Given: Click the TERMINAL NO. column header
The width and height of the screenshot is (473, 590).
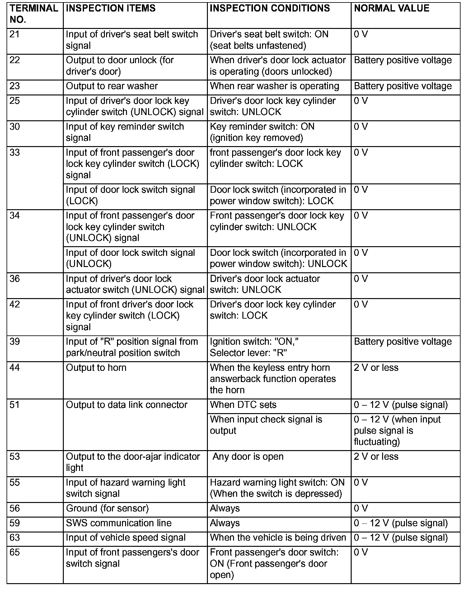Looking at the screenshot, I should [x=34, y=14].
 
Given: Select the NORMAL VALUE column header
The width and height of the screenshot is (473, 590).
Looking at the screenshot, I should [x=391, y=8].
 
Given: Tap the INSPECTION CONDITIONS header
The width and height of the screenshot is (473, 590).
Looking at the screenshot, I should [x=270, y=8].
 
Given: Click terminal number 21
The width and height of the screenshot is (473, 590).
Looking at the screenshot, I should [x=15, y=34].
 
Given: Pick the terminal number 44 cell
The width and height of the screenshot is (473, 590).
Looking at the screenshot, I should [x=15, y=368].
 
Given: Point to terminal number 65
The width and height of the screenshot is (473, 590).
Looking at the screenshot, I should [x=15, y=552].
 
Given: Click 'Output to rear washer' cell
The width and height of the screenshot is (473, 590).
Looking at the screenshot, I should [x=112, y=86].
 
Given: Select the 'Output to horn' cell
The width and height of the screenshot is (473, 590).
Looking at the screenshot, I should [x=96, y=368].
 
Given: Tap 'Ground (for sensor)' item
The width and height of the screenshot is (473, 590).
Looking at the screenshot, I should [x=107, y=509].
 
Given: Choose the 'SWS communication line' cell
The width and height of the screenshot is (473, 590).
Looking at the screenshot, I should [x=119, y=523].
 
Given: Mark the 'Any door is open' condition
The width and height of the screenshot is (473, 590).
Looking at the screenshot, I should [x=248, y=457].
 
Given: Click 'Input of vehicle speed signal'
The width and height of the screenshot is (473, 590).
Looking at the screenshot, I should [x=126, y=538].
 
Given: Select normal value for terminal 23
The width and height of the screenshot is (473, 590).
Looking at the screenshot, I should [x=403, y=86].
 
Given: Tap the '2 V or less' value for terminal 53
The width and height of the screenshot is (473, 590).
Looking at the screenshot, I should [x=376, y=457].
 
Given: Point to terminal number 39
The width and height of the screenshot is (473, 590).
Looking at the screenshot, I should [x=15, y=342].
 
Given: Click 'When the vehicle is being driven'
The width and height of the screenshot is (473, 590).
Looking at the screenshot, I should [x=278, y=538].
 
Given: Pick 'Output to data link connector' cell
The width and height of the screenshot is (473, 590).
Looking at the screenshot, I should [x=127, y=405].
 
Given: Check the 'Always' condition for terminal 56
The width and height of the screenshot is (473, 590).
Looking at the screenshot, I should [x=225, y=509].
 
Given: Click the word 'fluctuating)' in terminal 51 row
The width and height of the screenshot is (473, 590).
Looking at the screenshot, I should [x=377, y=442].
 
